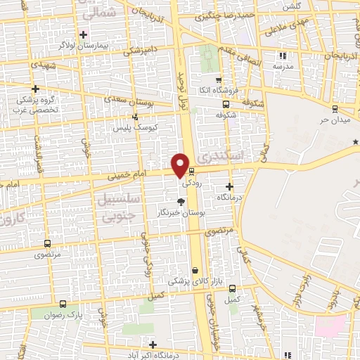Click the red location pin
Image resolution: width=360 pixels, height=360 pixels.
181,165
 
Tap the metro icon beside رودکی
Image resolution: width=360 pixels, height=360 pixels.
191,170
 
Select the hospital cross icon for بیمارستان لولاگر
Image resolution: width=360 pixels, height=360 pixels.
83,34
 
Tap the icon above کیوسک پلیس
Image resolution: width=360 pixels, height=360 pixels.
134,117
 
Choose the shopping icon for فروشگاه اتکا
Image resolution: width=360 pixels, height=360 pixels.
219,79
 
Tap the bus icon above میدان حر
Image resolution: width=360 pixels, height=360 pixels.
334,108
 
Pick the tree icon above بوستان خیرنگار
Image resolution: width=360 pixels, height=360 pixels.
181,201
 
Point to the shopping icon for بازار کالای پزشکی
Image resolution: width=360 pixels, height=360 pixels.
195,270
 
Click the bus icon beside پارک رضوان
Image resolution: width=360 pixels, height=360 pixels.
64,304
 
